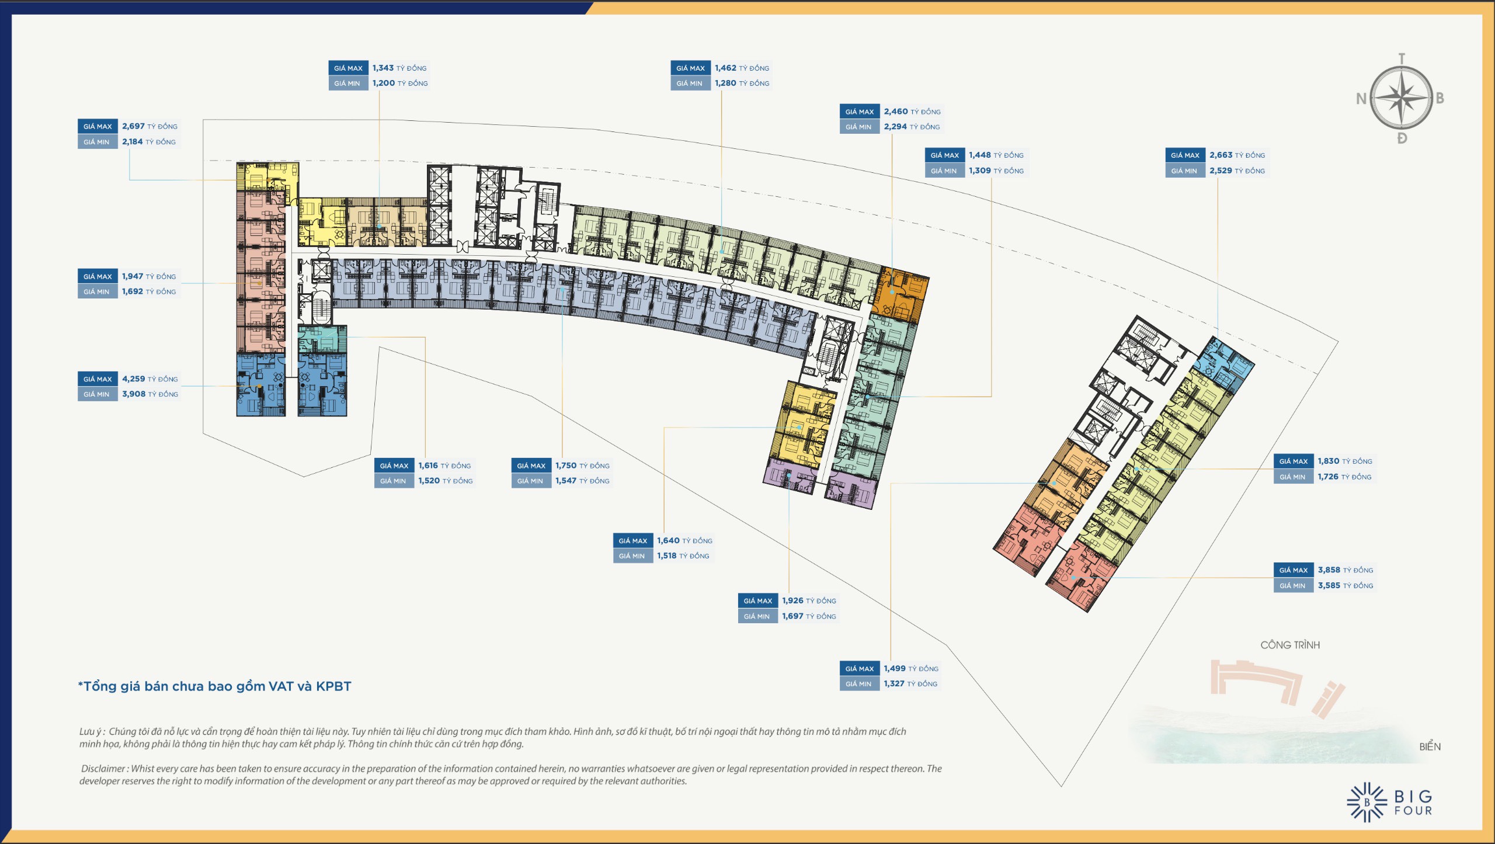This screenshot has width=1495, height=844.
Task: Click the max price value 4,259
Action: [133, 379]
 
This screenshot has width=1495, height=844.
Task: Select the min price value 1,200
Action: [384, 84]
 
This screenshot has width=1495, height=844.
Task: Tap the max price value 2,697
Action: [133, 126]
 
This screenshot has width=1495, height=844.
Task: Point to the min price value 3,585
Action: [1329, 585]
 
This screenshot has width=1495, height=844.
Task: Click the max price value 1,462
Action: [725, 68]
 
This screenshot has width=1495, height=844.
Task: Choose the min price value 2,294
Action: [895, 127]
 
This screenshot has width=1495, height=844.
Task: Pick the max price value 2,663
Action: [1221, 155]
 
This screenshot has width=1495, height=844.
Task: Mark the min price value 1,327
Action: [894, 684]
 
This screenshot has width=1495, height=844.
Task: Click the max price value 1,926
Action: [792, 601]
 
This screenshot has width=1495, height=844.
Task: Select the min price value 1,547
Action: [566, 481]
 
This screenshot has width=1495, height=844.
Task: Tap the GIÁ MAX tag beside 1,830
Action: [1293, 461]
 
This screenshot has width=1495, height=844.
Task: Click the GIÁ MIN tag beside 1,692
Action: [98, 291]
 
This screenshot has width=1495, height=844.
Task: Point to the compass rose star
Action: [1401, 98]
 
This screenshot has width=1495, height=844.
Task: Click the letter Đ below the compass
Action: [1402, 138]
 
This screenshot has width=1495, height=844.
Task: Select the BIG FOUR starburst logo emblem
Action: [1367, 803]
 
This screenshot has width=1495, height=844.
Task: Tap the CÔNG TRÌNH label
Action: [1290, 645]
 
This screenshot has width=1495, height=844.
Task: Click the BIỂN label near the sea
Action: [1430, 746]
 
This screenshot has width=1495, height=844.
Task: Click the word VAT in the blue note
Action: [281, 686]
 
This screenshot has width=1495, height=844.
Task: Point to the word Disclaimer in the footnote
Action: [103, 769]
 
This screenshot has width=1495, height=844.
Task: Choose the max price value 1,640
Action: [668, 541]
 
